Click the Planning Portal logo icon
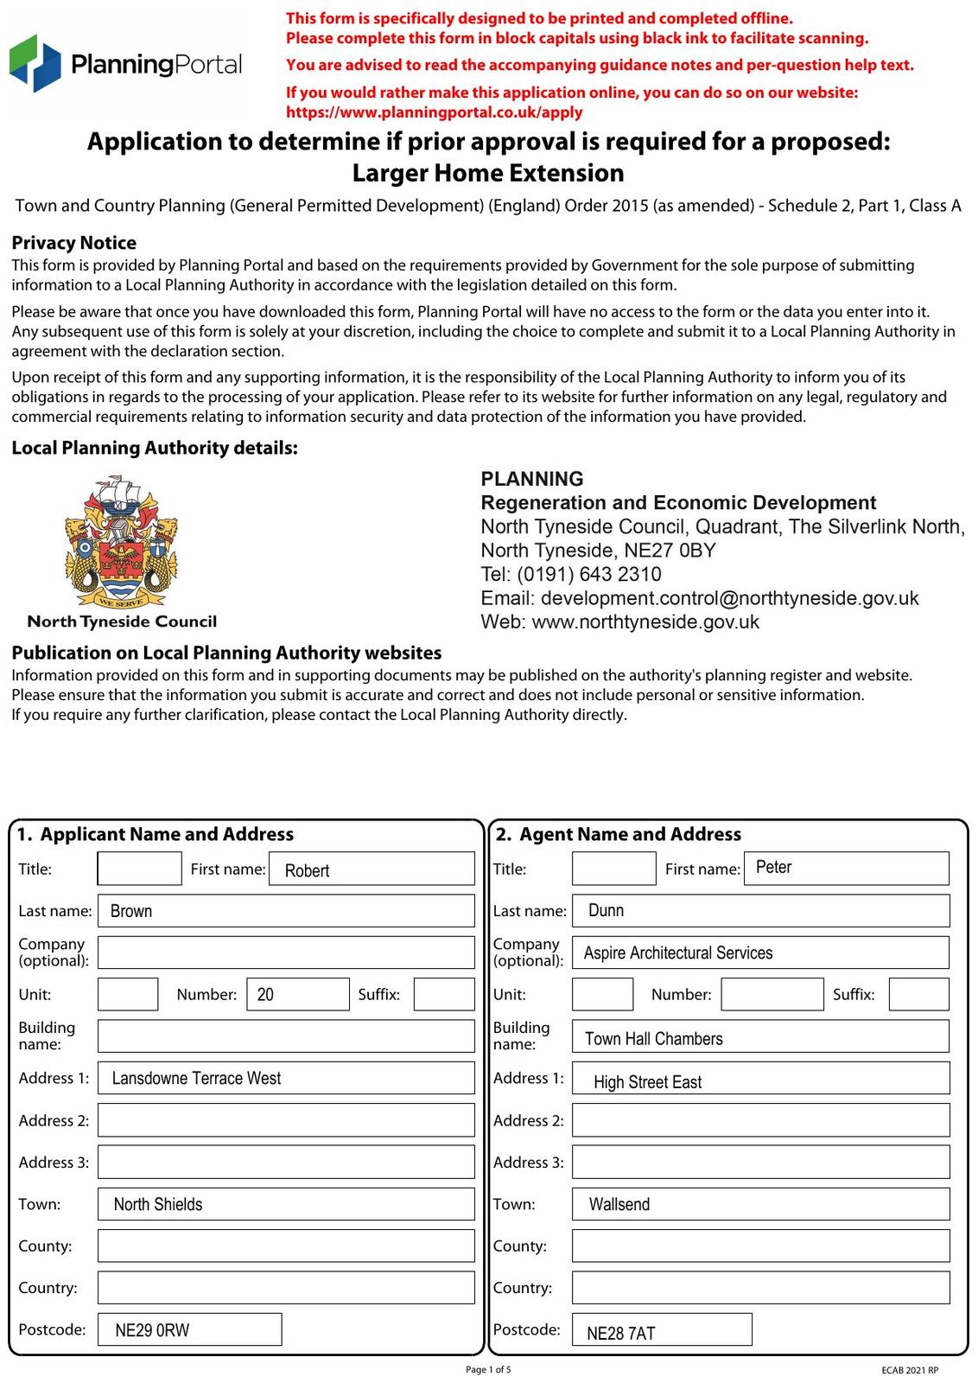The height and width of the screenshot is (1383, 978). (x=35, y=64)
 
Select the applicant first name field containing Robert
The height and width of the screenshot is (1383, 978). (x=372, y=869)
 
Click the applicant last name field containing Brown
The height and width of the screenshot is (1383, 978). (x=286, y=911)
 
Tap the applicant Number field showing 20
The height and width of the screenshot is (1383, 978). (x=297, y=994)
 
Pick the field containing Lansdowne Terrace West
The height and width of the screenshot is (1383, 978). (x=286, y=1078)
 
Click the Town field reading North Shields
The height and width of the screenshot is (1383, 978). (x=286, y=1204)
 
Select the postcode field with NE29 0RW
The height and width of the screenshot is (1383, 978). (x=189, y=1329)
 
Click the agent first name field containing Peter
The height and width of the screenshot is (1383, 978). (x=846, y=868)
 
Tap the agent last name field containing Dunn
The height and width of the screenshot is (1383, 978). (x=760, y=911)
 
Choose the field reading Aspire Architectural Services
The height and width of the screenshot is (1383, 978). (x=760, y=953)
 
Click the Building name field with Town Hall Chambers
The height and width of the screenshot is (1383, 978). (x=760, y=1036)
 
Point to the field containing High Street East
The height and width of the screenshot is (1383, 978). (x=760, y=1079)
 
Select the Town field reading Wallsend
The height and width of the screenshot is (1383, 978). (x=760, y=1204)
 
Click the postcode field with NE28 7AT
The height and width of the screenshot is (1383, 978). (x=662, y=1330)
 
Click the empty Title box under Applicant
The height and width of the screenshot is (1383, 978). (x=139, y=869)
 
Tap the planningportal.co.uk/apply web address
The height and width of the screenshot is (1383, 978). (x=434, y=112)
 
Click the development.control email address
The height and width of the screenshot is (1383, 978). (x=729, y=598)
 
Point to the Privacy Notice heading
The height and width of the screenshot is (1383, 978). (x=73, y=243)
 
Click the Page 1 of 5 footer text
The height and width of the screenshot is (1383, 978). (x=488, y=1369)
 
